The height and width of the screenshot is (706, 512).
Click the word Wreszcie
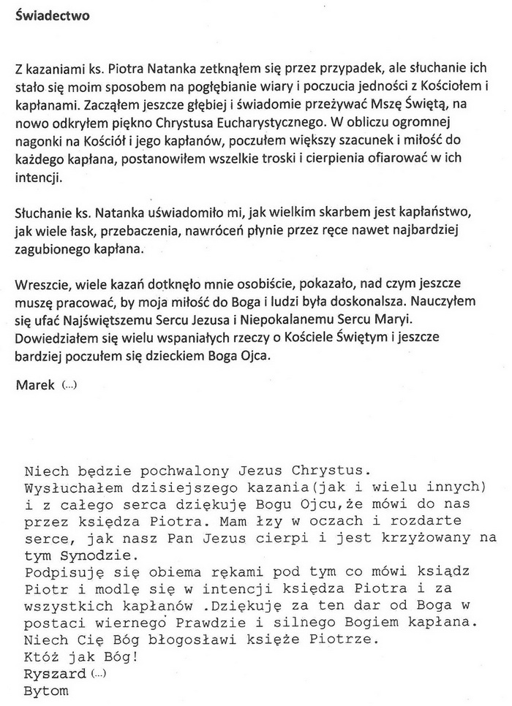click(x=39, y=281)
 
